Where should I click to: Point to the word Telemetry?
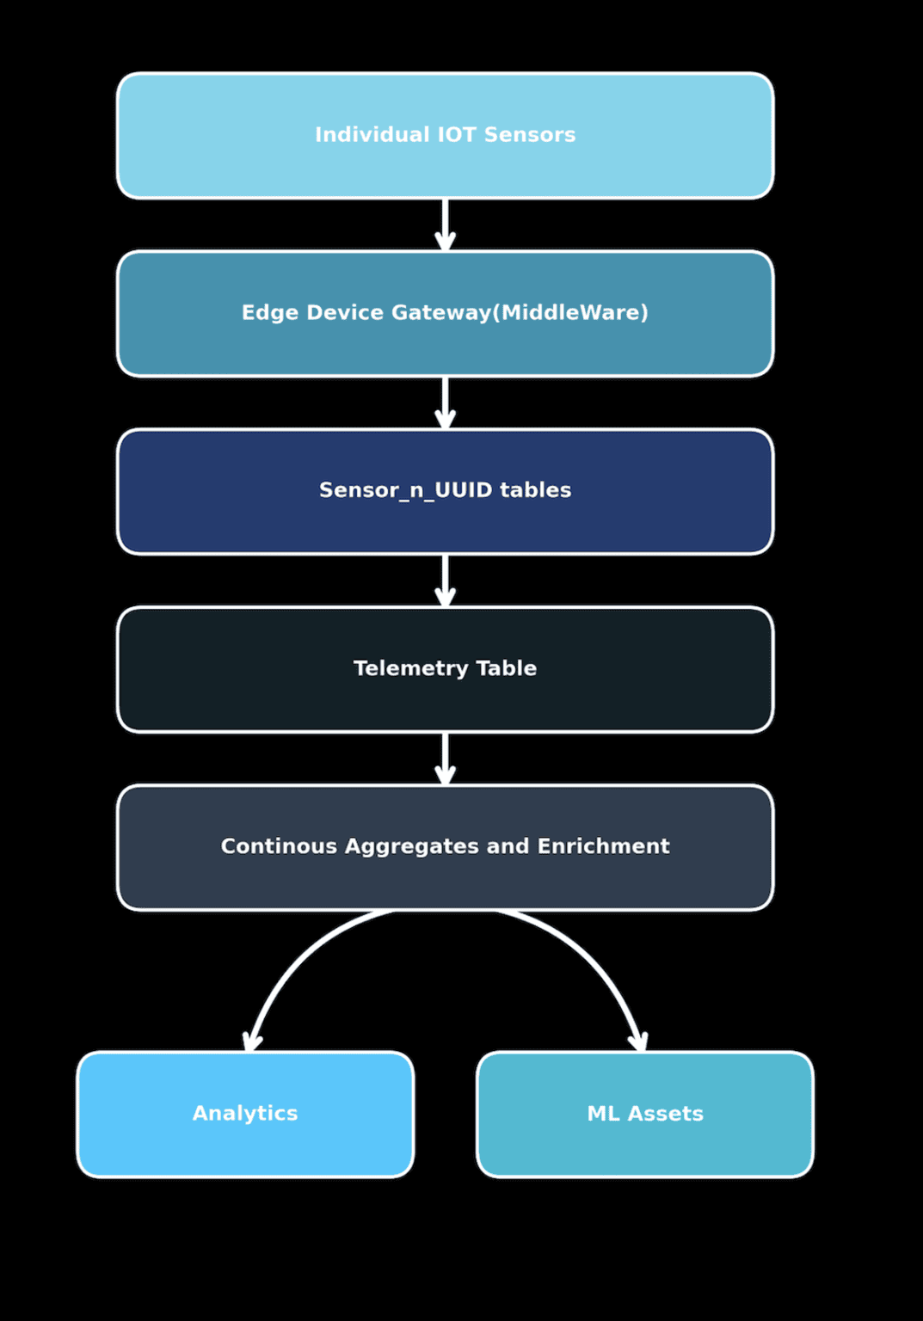411,668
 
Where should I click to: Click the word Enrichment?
603,846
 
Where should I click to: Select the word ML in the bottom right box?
603,1114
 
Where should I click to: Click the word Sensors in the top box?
529,135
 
